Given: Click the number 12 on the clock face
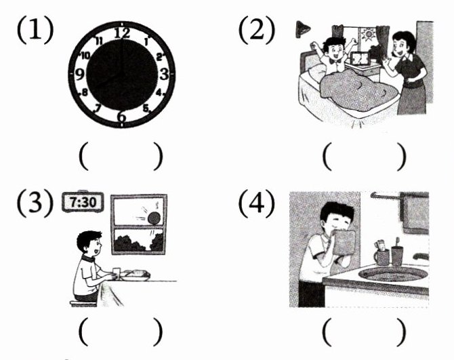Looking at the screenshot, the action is point(122,33).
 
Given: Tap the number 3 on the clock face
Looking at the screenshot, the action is point(164,74).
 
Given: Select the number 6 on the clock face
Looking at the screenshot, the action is point(121,117).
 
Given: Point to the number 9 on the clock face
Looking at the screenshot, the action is point(80,75).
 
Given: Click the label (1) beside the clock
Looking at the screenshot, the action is point(35,30).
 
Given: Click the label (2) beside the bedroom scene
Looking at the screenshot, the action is point(257,30).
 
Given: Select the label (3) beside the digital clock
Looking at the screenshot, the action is point(35,203).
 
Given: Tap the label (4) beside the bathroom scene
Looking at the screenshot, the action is point(257,203).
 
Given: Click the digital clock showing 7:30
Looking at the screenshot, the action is point(83,201).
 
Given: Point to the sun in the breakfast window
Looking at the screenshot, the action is point(154,218).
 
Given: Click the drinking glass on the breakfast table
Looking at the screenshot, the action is point(116,274).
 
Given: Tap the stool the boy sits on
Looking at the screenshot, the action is point(83,304).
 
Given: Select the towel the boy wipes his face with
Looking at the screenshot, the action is point(344,242).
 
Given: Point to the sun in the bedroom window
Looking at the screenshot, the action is point(369,35).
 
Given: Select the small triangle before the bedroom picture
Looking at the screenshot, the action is point(302,29).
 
